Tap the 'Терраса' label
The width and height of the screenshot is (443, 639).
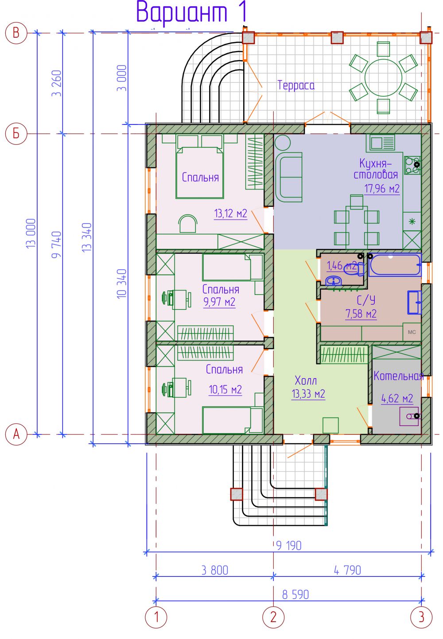[x=296, y=85]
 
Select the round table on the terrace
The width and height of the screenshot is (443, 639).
[x=383, y=77]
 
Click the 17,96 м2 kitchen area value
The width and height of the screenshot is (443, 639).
[x=382, y=189]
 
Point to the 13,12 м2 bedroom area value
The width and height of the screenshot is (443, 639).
[x=231, y=213]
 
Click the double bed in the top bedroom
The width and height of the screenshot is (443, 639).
[x=199, y=173]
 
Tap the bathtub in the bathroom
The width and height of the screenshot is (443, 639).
[x=395, y=265]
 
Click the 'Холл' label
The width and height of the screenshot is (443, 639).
[x=306, y=380]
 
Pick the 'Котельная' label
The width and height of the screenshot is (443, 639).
[x=398, y=376]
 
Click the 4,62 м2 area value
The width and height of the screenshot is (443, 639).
[x=397, y=399]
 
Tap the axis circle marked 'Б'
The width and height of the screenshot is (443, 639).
[x=16, y=133]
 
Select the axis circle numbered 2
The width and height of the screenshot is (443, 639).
[x=273, y=617]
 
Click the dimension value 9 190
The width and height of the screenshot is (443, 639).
[x=289, y=546]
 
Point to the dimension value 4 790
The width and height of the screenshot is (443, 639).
[x=347, y=570]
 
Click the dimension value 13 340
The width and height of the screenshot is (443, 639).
[x=87, y=237]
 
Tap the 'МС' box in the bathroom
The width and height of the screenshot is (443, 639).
[x=412, y=332]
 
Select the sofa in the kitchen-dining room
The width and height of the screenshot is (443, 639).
[x=288, y=177]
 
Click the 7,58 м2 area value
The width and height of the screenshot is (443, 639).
[x=361, y=314]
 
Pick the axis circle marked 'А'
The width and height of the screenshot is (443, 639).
[x=16, y=434]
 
